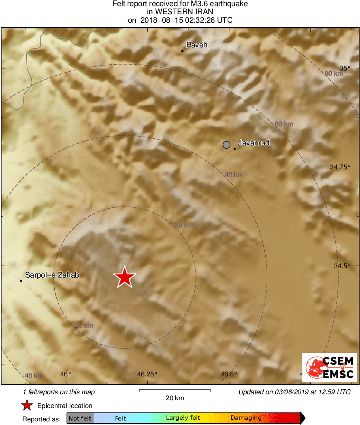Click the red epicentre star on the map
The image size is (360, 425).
click(x=124, y=278)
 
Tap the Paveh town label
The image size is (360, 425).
click(x=196, y=45)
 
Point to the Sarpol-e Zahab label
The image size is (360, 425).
click(x=52, y=275)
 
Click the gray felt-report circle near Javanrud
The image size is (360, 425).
click(x=227, y=145)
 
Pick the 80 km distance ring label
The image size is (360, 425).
click(x=334, y=73)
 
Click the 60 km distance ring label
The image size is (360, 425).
click(x=283, y=124)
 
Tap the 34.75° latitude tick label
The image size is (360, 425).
click(x=340, y=167)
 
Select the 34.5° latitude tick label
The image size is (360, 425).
click(x=342, y=266)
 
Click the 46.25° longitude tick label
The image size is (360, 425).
click(x=147, y=374)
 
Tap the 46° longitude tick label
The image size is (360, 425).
click(x=65, y=374)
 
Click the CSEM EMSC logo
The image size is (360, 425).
click(x=329, y=367)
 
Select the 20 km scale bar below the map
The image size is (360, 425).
click(x=175, y=391)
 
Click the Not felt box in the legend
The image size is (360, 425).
click(x=80, y=418)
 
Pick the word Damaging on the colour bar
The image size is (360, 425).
click(x=246, y=418)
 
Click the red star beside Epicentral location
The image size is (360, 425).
click(x=27, y=406)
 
